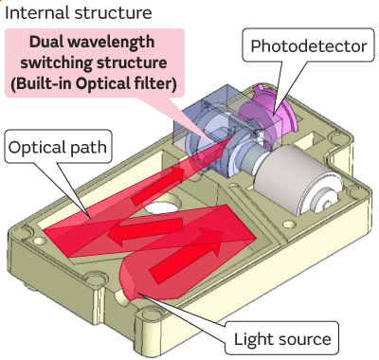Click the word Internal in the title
pos(36,13)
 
